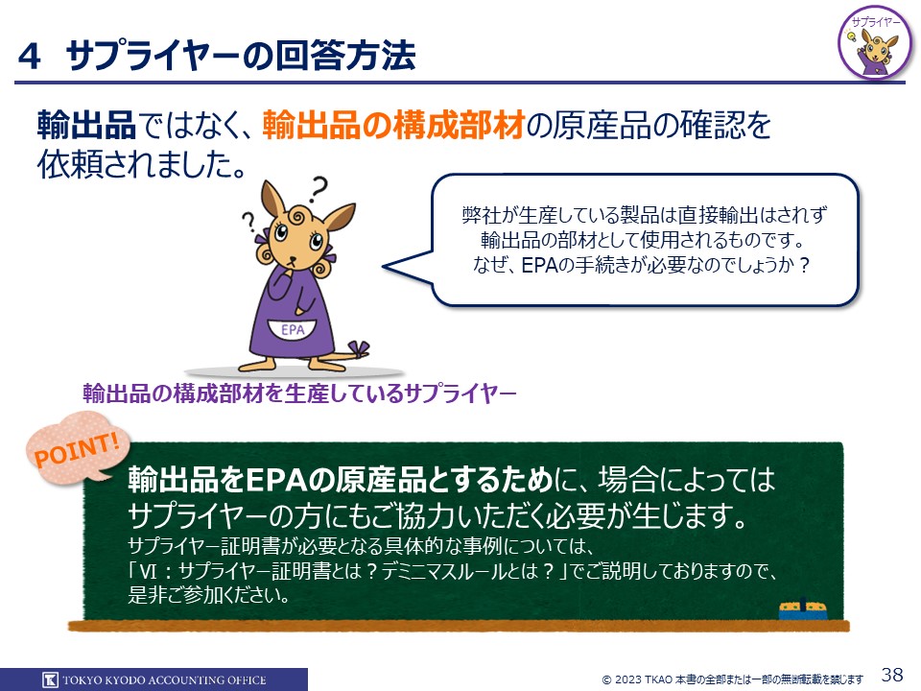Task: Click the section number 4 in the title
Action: [30, 57]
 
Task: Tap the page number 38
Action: [892, 674]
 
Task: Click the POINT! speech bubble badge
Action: [78, 448]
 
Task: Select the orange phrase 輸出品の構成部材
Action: [393, 125]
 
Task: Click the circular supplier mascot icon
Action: [876, 43]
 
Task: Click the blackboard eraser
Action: [803, 610]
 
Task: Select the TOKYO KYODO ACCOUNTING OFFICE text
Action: [164, 680]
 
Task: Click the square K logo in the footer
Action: [51, 679]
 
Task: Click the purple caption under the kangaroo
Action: [299, 393]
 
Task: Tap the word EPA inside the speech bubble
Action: [539, 266]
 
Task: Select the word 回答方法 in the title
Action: [346, 56]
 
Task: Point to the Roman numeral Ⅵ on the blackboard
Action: [150, 570]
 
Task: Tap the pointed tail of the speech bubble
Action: [384, 266]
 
